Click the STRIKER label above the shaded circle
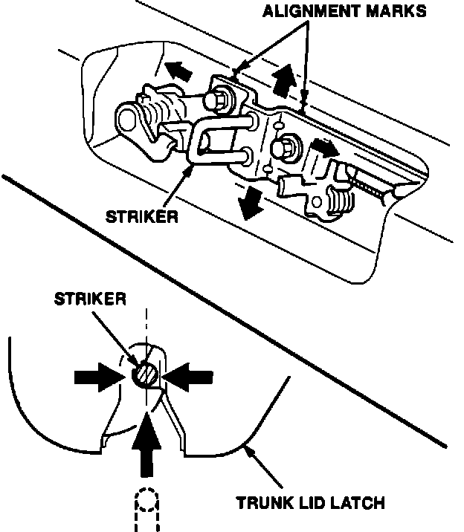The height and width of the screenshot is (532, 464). pos(89,299)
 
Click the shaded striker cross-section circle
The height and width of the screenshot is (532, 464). pos(145,374)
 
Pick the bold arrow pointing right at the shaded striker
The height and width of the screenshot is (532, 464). pos(97,377)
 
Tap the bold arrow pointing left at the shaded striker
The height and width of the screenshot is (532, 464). pos(187,376)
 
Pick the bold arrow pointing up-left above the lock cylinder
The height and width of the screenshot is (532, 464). pos(175,70)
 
